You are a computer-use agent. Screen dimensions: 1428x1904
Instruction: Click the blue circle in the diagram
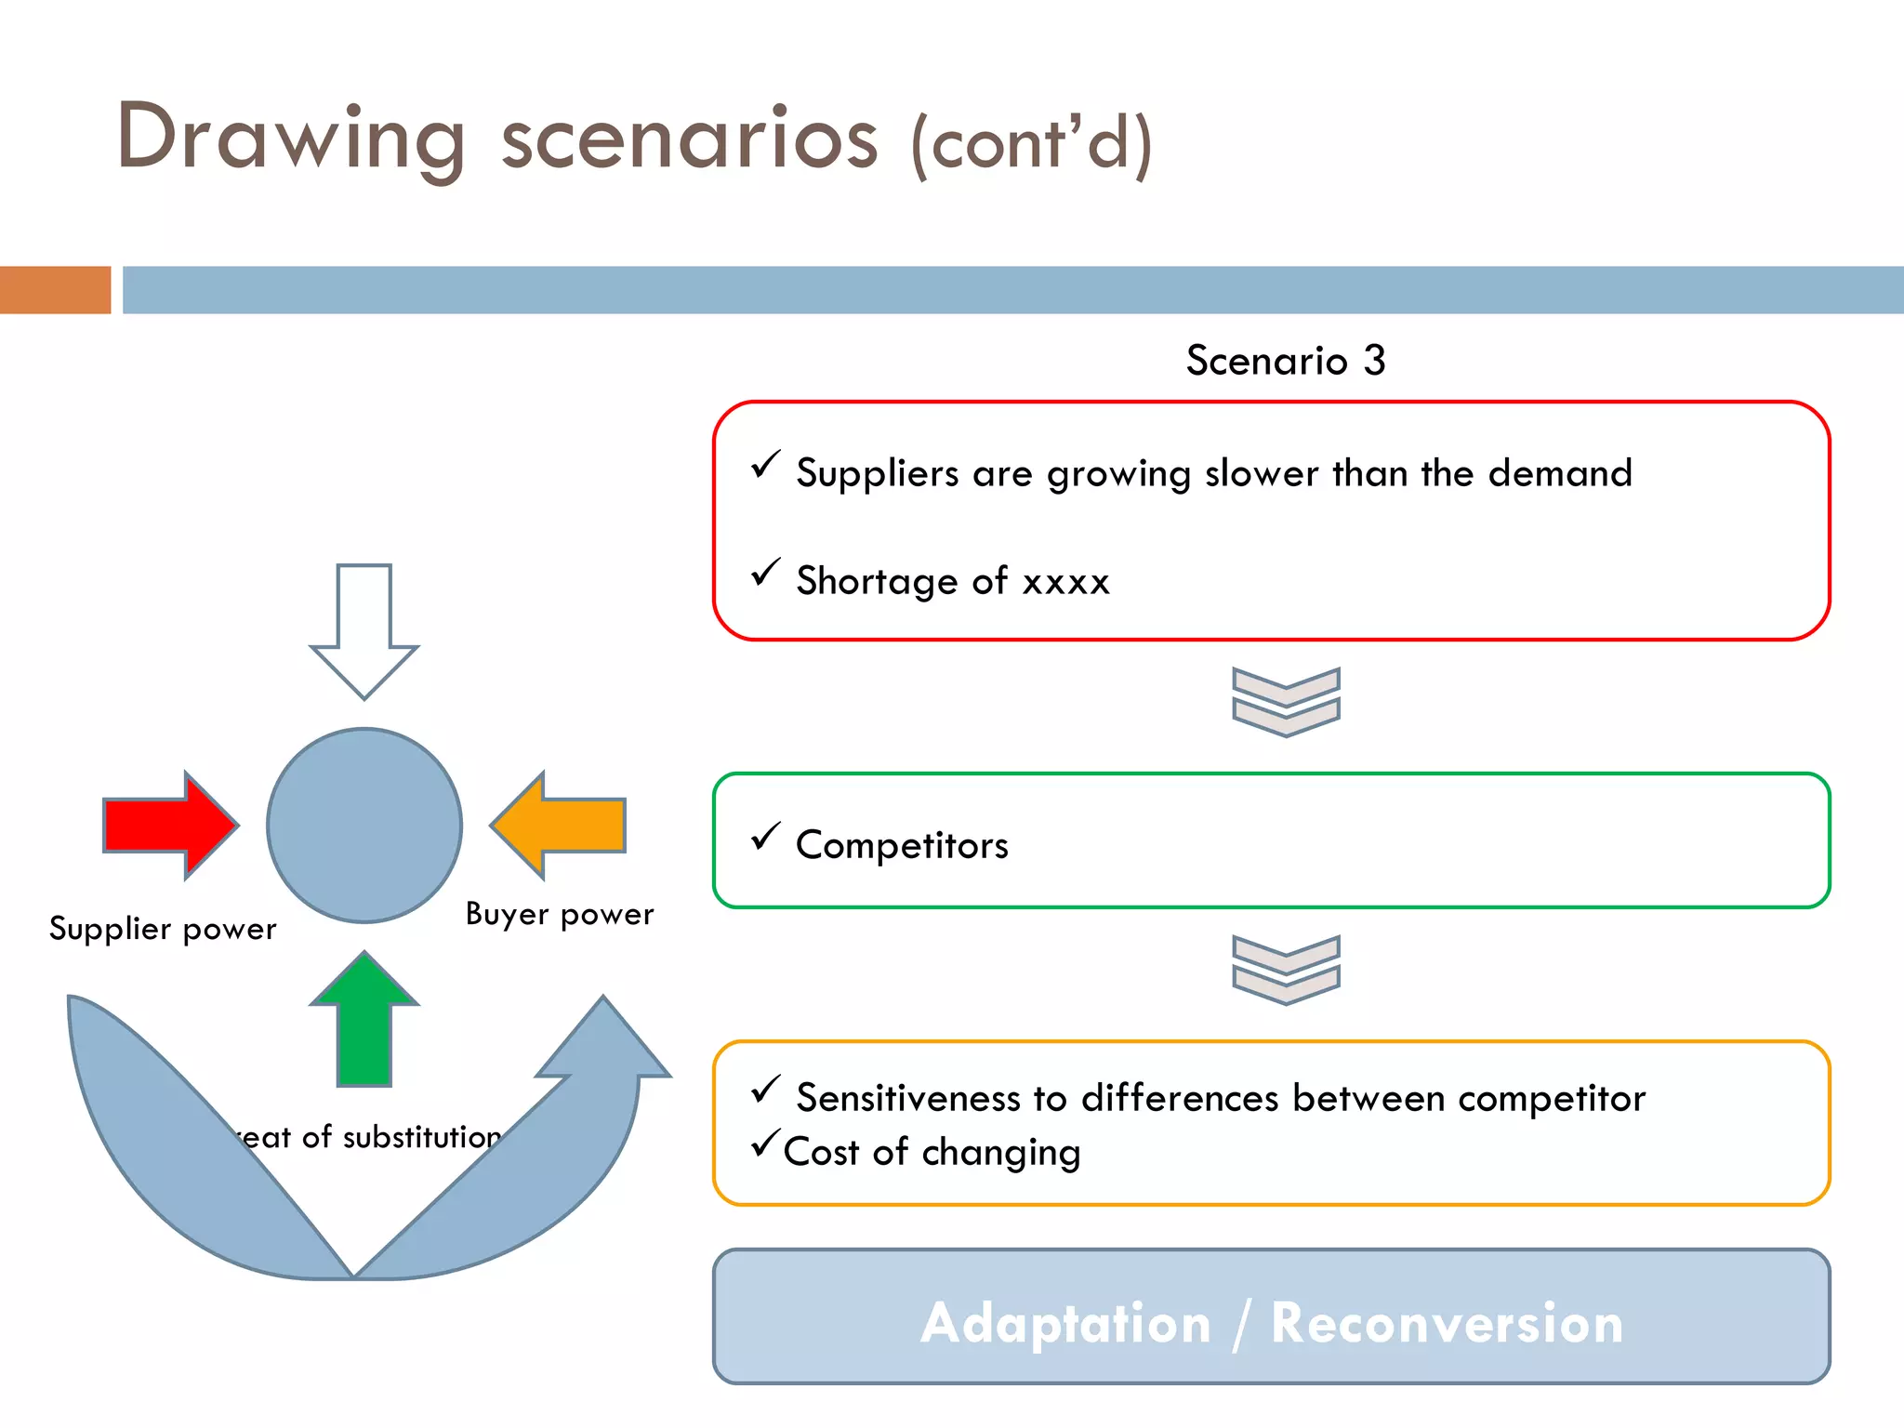(x=364, y=825)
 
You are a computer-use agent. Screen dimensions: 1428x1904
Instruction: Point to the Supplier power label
(x=163, y=929)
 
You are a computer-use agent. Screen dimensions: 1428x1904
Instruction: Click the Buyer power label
(x=560, y=914)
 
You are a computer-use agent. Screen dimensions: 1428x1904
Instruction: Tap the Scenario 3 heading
(x=1286, y=361)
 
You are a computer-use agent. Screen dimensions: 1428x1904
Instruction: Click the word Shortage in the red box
(x=877, y=581)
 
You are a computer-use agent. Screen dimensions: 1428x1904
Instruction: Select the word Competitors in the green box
(x=902, y=845)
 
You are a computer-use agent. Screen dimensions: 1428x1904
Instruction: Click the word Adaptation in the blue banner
(x=1065, y=1322)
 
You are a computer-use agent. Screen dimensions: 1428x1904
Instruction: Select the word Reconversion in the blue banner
(x=1447, y=1322)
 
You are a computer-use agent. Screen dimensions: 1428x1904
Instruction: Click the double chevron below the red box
(x=1286, y=702)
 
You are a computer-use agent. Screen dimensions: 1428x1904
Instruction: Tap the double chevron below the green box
(x=1286, y=970)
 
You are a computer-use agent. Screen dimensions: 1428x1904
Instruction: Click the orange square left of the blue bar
(x=55, y=290)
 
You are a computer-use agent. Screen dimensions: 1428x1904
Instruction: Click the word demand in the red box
(x=1560, y=473)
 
